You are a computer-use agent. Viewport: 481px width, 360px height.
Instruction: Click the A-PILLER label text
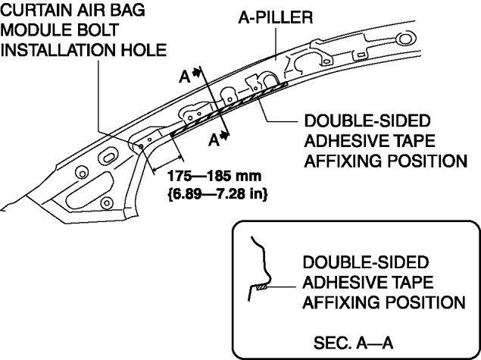[x=276, y=17]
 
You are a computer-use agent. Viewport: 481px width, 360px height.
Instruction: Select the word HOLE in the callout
[x=144, y=50]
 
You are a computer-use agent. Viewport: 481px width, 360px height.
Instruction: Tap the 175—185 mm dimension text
[x=214, y=176]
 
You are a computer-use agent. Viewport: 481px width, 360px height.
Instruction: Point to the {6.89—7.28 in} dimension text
[x=218, y=194]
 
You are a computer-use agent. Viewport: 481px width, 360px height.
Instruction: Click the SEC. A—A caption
[x=353, y=343]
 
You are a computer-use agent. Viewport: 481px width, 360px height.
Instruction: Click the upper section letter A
[x=184, y=77]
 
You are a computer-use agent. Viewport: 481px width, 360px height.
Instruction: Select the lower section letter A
[x=214, y=140]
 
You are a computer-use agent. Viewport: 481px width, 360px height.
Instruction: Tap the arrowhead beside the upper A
[x=197, y=73]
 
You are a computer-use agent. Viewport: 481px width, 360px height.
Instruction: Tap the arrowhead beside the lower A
[x=225, y=135]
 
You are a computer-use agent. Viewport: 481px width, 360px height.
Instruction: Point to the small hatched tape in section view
[x=261, y=287]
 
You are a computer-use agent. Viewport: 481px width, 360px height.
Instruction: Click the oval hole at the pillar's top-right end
[x=405, y=39]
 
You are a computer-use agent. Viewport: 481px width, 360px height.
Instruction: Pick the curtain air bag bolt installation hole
[x=141, y=146]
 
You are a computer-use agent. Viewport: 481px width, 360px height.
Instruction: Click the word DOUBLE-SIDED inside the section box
[x=366, y=262]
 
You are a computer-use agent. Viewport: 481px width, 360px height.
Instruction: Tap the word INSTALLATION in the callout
[x=59, y=50]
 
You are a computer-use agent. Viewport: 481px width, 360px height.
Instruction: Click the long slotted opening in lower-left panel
[x=89, y=190]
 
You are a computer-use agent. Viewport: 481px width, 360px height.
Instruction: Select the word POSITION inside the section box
[x=426, y=302]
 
